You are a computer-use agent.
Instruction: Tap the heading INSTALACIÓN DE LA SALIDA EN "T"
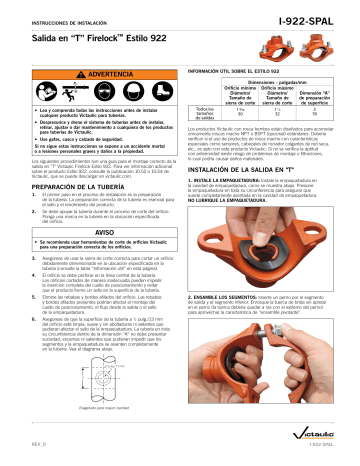[254, 174]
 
